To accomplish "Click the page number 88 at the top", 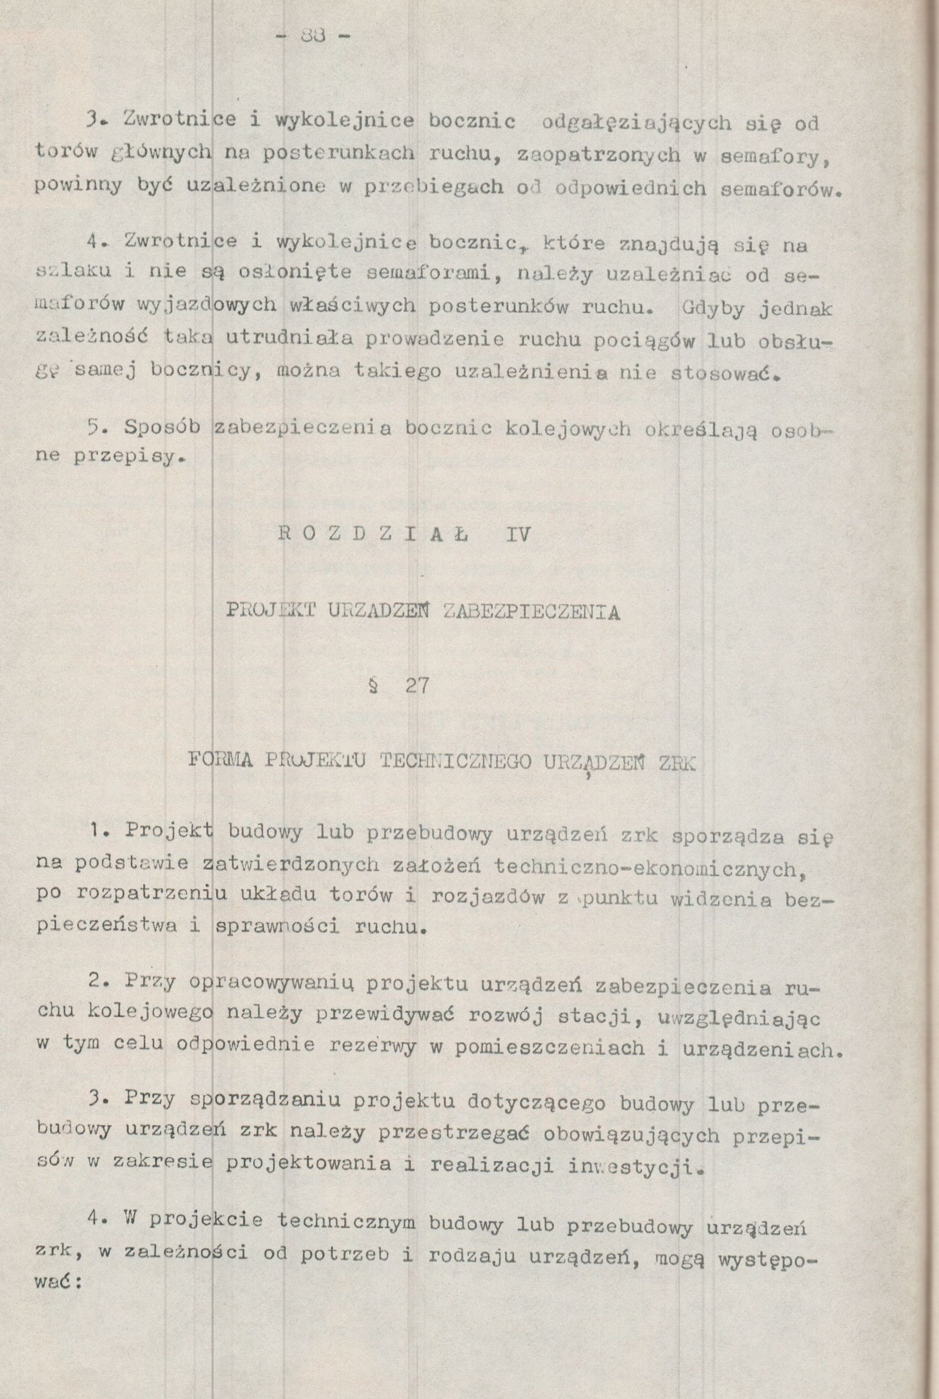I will (313, 37).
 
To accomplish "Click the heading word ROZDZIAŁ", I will (374, 534).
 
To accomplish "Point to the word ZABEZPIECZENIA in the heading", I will (529, 611).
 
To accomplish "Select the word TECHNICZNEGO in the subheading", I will (456, 762).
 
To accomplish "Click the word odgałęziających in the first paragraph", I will (635, 123).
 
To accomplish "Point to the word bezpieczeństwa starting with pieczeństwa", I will (107, 927).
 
